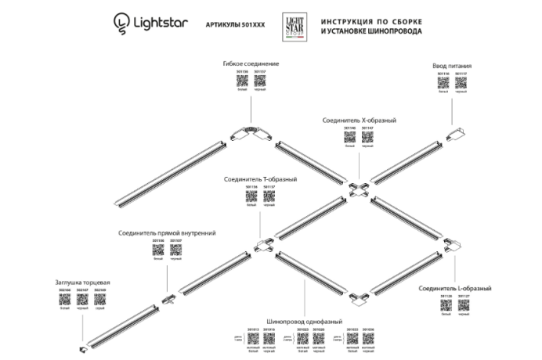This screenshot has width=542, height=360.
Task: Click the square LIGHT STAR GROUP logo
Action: pyautogui.click(x=294, y=24)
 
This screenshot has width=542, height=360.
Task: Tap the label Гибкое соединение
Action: pyautogui.click(x=251, y=63)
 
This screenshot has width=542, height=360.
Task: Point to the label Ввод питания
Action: pyautogui.click(x=453, y=67)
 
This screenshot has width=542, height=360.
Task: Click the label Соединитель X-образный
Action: pyautogui.click(x=360, y=121)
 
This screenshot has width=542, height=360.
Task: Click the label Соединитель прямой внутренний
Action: pyautogui.click(x=167, y=232)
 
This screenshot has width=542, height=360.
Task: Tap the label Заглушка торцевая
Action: pyautogui.click(x=82, y=282)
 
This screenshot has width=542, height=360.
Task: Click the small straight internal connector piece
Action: pyautogui.click(x=167, y=300)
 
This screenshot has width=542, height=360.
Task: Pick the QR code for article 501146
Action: pyautogui.click(x=350, y=137)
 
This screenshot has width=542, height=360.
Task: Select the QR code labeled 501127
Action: pyautogui.click(x=463, y=307)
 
